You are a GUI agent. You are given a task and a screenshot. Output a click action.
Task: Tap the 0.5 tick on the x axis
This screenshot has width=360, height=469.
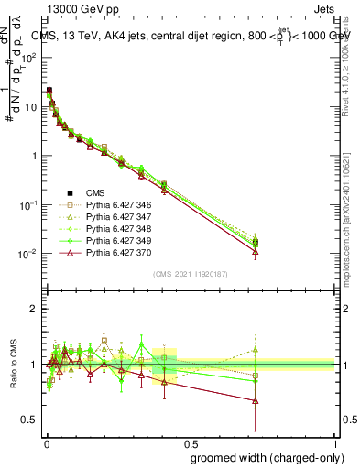pyautogui.click(x=191, y=444)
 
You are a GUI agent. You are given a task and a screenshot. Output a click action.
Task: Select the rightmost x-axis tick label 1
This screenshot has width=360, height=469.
pyautogui.click(x=336, y=444)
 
